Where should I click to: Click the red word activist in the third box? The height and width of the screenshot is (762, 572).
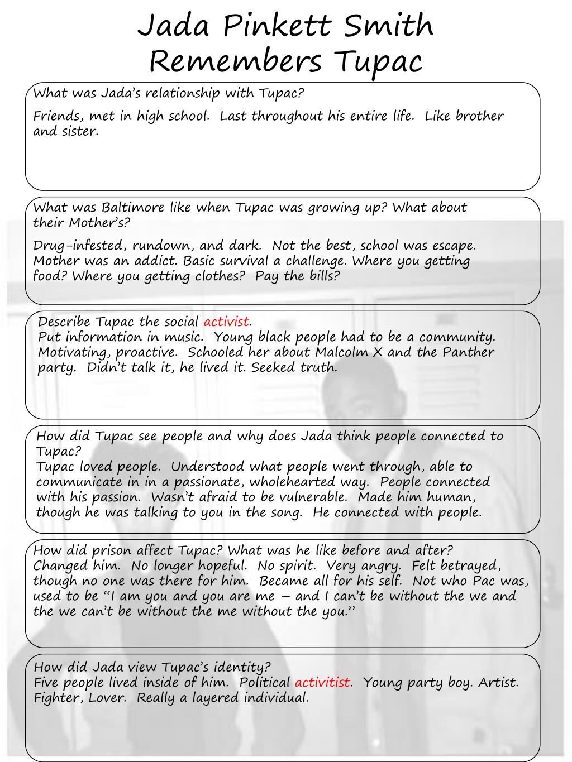tap(226, 322)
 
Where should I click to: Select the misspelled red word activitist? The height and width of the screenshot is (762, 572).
tap(323, 682)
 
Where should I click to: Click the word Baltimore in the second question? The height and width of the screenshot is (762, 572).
tap(133, 208)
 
